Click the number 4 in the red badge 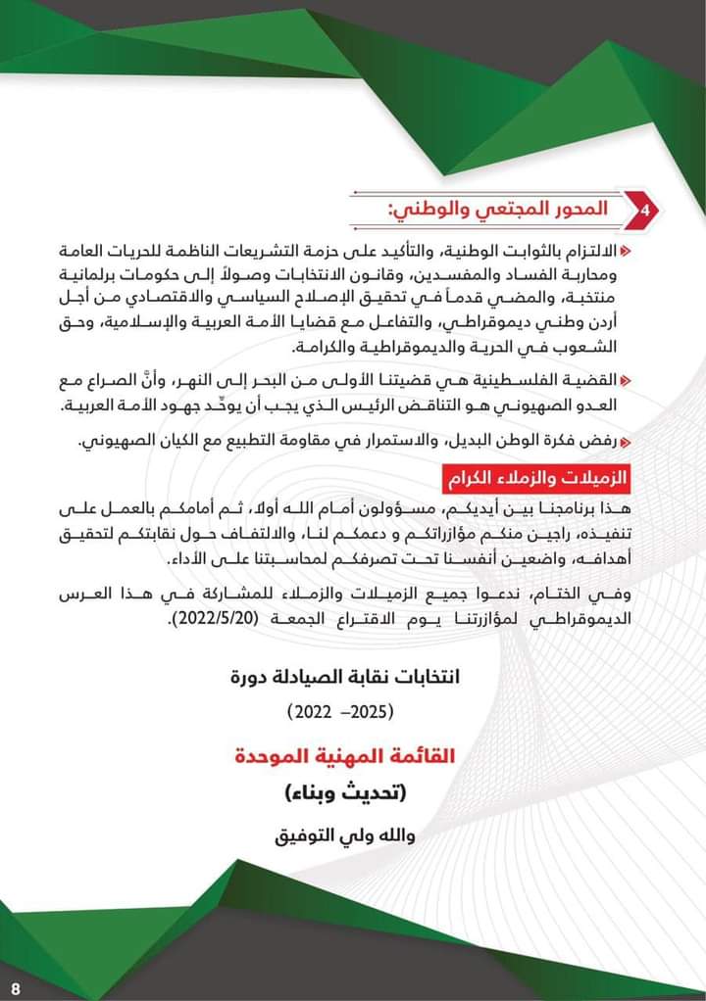[x=643, y=210]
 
